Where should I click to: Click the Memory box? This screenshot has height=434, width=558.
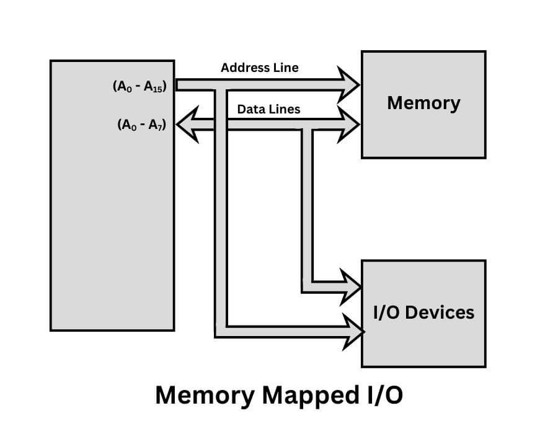tap(423, 104)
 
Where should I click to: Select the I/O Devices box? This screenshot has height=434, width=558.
tap(423, 313)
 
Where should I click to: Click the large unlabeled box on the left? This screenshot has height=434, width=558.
tap(112, 195)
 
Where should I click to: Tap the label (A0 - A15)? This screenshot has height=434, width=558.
tap(139, 87)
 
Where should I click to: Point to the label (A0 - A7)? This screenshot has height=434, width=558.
tap(142, 125)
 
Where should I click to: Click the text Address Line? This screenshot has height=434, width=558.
tap(259, 68)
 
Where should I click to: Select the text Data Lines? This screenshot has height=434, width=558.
tap(268, 109)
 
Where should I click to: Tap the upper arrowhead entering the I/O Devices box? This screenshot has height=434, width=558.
tap(350, 287)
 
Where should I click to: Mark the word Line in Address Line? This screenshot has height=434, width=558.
tap(286, 68)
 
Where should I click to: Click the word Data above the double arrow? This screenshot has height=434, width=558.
tap(250, 109)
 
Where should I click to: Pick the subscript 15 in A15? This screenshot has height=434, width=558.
tap(158, 90)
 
